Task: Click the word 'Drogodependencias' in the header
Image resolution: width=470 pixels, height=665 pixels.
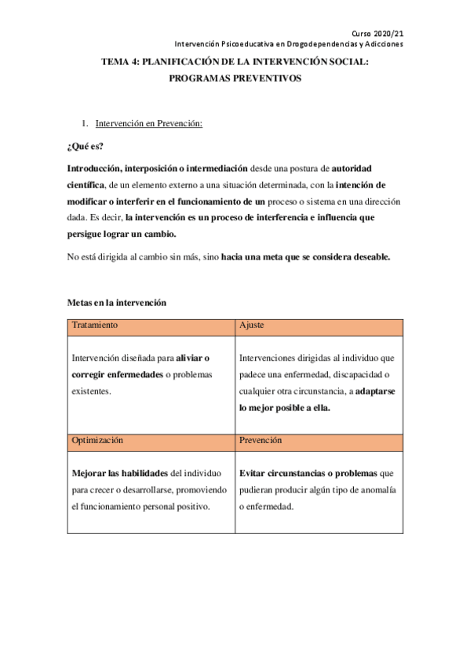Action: [308, 44]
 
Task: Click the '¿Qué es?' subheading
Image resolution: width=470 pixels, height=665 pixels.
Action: [86, 146]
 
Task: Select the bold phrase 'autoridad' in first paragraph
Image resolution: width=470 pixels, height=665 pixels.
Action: [358, 168]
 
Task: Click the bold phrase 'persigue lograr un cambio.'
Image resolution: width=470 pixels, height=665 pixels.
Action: [122, 234]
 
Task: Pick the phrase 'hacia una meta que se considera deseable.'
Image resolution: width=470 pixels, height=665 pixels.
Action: [305, 256]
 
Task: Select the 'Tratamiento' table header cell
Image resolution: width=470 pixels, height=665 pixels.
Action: [95, 324]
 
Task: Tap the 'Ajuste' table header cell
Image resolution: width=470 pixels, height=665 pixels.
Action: [251, 324]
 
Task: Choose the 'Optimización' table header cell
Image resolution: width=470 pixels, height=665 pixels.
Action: [97, 441]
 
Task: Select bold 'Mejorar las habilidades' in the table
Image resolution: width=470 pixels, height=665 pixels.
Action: [118, 474]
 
